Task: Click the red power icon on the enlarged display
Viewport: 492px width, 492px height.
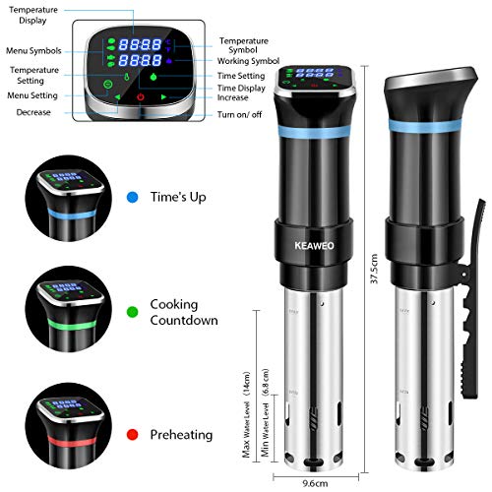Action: [141, 96]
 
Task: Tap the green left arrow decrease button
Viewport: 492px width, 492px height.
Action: [117, 97]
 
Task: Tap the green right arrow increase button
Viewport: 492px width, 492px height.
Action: [163, 96]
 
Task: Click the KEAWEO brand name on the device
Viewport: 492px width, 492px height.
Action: [314, 246]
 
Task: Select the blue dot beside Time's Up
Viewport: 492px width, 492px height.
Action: [132, 197]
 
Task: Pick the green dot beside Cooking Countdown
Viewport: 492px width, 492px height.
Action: [132, 312]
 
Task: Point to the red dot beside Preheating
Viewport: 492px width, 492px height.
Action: [132, 435]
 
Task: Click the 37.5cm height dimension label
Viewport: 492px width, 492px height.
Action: [374, 269]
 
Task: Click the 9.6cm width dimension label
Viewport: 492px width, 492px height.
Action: [315, 483]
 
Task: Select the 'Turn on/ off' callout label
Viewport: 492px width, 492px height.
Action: [239, 114]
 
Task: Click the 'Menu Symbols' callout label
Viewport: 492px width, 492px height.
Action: [33, 51]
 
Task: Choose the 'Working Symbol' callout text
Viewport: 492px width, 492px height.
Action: [248, 61]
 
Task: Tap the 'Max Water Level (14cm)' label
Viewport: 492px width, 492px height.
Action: [246, 414]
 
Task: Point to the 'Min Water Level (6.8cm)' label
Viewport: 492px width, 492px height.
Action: [265, 412]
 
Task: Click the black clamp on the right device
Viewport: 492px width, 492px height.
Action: [471, 298]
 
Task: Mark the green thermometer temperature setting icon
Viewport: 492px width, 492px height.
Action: [127, 77]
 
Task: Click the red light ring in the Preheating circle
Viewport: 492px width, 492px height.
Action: [72, 441]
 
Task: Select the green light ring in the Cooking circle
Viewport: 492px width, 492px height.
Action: [72, 326]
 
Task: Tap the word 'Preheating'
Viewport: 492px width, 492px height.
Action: [181, 435]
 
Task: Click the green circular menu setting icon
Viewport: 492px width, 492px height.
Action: [107, 84]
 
